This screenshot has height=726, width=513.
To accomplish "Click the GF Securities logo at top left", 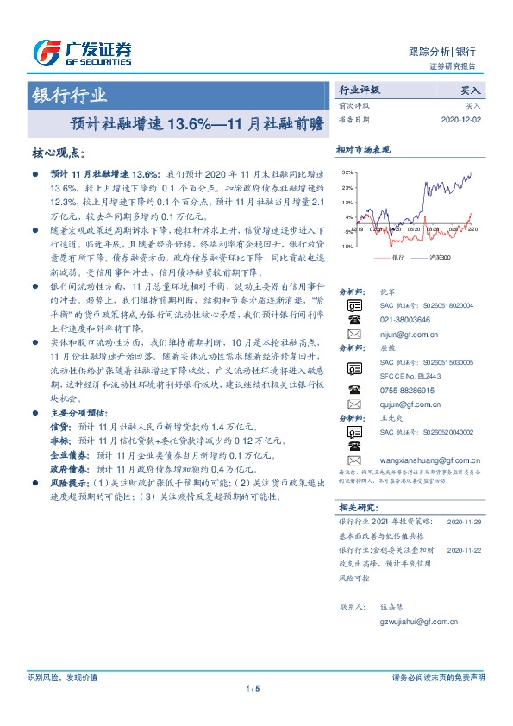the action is pyautogui.click(x=81, y=53).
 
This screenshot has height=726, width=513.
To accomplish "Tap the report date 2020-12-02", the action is pyautogui.click(x=462, y=121).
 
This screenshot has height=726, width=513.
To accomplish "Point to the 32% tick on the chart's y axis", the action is pyautogui.click(x=347, y=172).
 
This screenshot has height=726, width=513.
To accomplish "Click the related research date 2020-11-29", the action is pyautogui.click(x=464, y=522).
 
